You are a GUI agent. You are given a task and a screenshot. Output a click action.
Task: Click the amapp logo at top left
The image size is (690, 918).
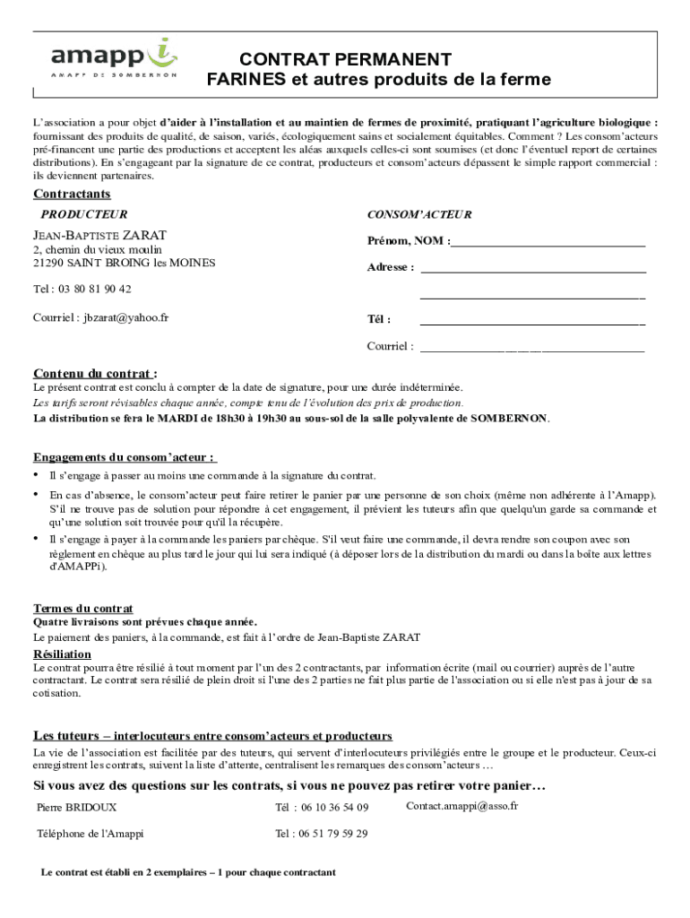[114, 57]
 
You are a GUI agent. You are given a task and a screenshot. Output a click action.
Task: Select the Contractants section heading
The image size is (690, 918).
[72, 195]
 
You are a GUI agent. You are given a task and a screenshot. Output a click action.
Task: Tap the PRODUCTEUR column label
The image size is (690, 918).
[84, 215]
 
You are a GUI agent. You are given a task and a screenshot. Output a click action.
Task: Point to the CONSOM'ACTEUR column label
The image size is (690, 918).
[419, 215]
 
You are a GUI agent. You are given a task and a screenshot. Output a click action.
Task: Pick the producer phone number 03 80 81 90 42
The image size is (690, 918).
[95, 290]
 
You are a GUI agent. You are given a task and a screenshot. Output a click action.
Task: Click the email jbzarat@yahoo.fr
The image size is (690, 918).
[126, 317]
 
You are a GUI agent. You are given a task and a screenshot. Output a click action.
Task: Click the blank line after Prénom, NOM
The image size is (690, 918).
[548, 242]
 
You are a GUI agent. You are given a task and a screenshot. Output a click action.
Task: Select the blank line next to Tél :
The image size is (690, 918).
[532, 320]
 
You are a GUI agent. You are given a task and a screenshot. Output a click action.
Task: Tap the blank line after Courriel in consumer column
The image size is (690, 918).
[532, 348]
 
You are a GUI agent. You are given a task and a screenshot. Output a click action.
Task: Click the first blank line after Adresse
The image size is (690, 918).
[533, 268]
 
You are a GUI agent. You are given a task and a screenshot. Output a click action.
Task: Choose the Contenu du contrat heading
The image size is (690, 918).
[95, 373]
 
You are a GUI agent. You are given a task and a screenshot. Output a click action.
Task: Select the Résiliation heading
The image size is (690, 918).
[62, 654]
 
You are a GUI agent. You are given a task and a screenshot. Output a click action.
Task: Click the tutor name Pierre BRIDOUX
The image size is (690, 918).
[76, 807]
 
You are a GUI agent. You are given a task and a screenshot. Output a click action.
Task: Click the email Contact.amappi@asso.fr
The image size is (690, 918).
[461, 806]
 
